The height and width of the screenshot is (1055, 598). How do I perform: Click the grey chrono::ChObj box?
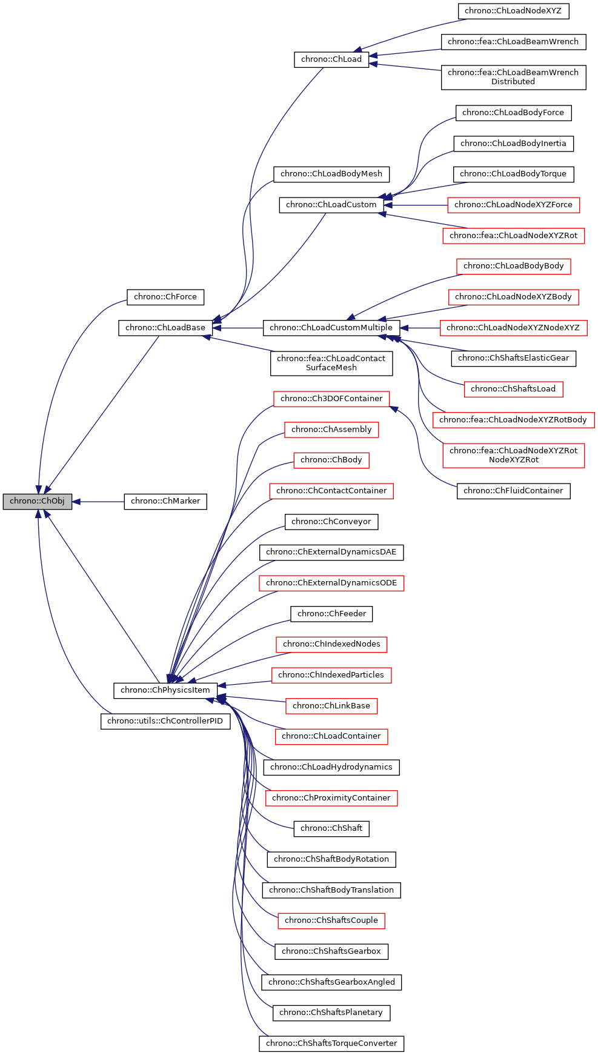click(37, 501)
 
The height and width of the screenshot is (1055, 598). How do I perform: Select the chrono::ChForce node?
click(165, 297)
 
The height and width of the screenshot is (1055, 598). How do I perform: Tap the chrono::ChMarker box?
click(165, 501)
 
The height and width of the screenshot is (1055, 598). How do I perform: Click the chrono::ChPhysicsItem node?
click(165, 690)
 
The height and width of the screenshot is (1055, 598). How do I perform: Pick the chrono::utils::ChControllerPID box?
click(165, 721)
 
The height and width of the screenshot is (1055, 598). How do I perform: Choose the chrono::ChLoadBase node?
click(165, 328)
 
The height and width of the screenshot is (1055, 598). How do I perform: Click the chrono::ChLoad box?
click(331, 59)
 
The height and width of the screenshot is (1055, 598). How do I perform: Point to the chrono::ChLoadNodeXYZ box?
click(513, 11)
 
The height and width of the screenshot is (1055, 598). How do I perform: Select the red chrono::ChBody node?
click(331, 460)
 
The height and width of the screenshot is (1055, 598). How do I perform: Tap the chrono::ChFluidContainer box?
click(513, 491)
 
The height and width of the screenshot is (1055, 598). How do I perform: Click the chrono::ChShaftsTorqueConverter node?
click(331, 1043)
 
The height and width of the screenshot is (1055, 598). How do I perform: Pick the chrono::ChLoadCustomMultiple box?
click(331, 328)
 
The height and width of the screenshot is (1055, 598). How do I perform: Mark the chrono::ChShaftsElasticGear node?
click(513, 358)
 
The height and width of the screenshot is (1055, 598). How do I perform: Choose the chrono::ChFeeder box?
click(331, 614)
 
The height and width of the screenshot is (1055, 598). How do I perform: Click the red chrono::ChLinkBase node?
click(331, 706)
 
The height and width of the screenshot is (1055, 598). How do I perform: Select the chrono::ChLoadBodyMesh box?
click(331, 174)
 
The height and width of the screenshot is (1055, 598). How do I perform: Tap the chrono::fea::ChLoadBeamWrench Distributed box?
click(513, 77)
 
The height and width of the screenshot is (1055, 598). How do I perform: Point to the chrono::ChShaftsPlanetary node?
click(331, 1013)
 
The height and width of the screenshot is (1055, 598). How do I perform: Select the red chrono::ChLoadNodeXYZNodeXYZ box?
click(513, 328)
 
